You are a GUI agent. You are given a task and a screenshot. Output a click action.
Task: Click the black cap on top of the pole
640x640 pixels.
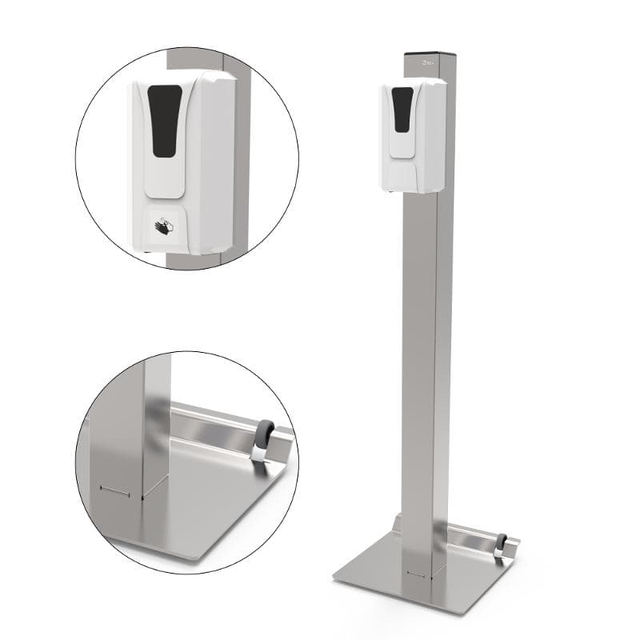430,54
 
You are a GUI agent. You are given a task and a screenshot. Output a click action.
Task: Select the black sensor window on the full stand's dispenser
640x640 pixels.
402,109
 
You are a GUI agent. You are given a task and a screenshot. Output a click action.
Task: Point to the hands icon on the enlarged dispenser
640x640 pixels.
164,227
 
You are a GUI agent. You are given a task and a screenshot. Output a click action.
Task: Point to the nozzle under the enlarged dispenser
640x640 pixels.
153,255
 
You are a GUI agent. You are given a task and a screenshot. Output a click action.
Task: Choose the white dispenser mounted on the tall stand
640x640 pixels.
413,136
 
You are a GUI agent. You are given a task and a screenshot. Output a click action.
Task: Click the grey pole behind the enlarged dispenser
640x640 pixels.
241,160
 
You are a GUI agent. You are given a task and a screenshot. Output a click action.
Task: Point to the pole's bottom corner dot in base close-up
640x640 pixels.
142,497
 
